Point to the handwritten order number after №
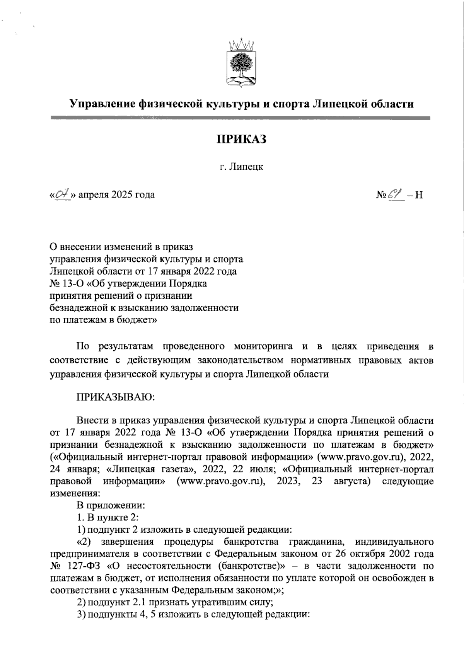point(398,194)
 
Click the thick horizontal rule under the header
point(240,118)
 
